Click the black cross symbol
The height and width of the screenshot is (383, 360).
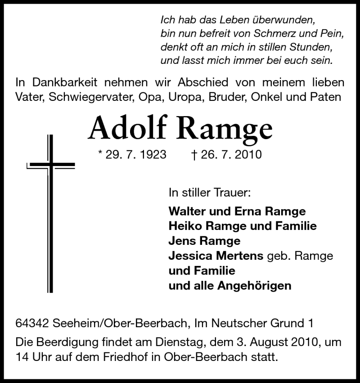[x=51, y=212]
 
